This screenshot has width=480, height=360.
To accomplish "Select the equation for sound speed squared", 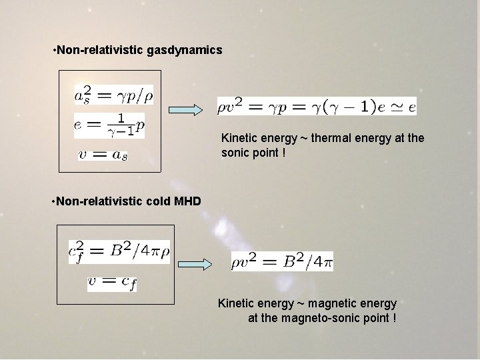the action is tap(113, 96).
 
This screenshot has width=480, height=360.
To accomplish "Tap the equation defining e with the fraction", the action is tap(110, 125).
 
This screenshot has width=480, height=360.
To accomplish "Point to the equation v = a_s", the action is tap(103, 155).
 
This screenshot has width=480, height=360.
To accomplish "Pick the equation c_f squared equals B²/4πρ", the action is tap(119, 251).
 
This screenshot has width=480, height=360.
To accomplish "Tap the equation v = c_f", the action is tap(112, 283).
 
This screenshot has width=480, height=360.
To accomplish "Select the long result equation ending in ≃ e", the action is tap(317, 105).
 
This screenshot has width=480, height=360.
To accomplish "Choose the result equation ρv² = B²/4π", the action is tap(282, 261).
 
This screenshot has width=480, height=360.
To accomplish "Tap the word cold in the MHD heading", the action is tap(160, 201).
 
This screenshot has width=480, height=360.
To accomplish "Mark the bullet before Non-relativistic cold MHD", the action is tap(53, 201).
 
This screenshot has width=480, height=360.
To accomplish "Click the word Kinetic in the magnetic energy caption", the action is tap(237, 303).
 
